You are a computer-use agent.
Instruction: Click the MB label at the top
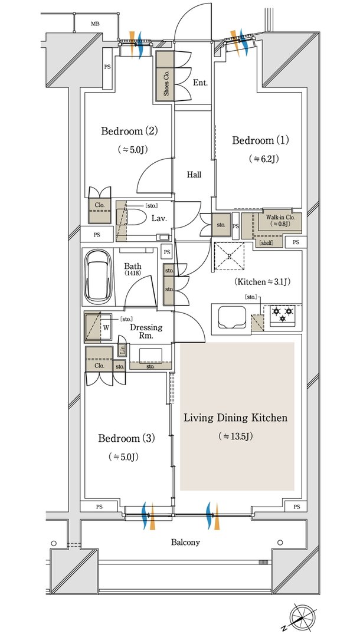click(x=95, y=24)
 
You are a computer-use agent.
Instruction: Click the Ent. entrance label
click(x=200, y=83)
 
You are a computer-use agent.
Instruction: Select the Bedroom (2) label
click(x=129, y=131)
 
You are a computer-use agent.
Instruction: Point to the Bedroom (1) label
click(x=260, y=140)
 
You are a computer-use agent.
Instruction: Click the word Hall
click(x=194, y=175)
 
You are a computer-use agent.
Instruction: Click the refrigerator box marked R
click(x=230, y=255)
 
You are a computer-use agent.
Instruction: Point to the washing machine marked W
click(x=99, y=327)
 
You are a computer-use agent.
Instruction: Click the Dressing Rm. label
click(x=146, y=331)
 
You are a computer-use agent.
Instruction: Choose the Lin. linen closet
click(x=122, y=349)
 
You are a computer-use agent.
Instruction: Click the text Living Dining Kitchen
click(x=236, y=418)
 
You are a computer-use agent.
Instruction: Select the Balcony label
click(x=185, y=542)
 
